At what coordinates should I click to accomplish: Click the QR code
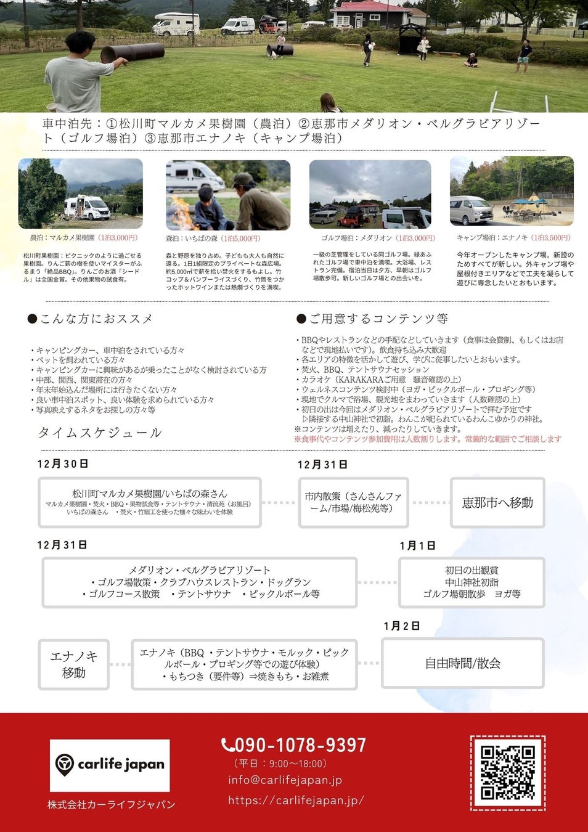coord(507,772)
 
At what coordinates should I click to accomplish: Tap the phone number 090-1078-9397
coord(294,745)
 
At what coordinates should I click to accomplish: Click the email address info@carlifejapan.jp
coord(285,780)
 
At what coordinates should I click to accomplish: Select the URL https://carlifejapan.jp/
coord(296,800)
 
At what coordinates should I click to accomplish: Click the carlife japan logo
coord(110,765)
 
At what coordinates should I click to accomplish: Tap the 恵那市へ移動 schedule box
coord(497,503)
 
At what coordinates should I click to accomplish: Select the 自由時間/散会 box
coord(462,663)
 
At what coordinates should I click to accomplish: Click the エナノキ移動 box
coord(74,664)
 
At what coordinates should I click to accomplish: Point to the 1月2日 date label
coord(401,626)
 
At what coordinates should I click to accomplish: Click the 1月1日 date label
coord(417,545)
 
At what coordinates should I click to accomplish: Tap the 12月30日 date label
coord(63,464)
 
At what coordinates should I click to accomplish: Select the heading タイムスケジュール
coord(100,433)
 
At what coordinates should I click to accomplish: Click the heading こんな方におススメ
coord(91,319)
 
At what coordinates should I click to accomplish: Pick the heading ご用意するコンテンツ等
coord(372,319)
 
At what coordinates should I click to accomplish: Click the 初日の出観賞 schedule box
coord(472,582)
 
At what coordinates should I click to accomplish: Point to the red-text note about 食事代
coord(428,439)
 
